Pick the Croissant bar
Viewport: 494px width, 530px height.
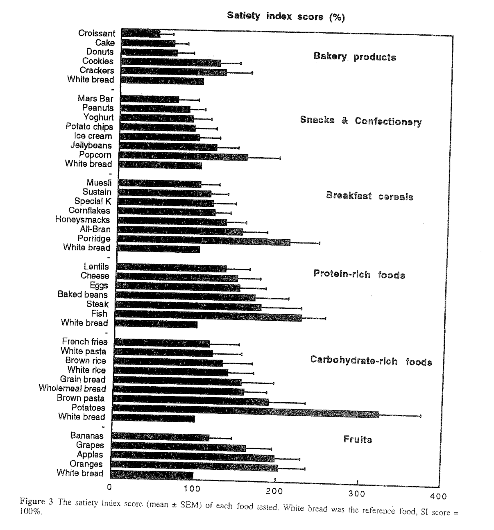tap(141, 33)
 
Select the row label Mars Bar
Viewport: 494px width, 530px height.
tap(95, 99)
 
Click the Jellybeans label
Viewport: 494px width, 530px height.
tap(91, 145)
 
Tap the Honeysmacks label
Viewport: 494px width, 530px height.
tap(83, 220)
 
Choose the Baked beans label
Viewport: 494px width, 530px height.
tap(83, 294)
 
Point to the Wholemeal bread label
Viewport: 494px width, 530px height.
tap(73, 388)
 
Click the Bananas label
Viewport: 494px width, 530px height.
tap(87, 436)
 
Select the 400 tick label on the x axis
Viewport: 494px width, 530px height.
tap(438, 496)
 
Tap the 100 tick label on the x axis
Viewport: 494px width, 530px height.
tap(192, 489)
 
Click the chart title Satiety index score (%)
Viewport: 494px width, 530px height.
tap(286, 16)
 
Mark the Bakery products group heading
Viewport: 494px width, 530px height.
tap(355, 57)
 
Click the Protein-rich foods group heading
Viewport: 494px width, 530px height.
tap(359, 274)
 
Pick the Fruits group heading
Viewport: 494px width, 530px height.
tap(358, 439)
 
